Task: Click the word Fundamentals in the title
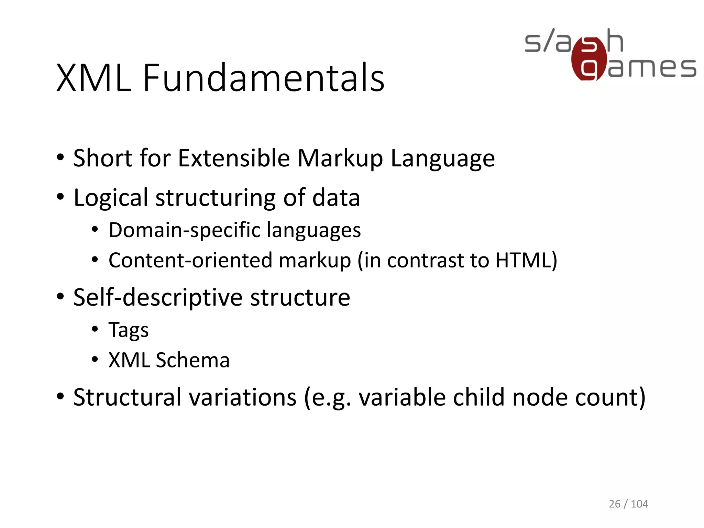[x=263, y=78]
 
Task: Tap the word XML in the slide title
[x=94, y=78]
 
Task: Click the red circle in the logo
[x=588, y=58]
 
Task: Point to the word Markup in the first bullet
[x=340, y=159]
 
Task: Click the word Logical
[x=111, y=198]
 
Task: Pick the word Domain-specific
[x=185, y=230]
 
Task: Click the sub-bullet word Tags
[x=129, y=330]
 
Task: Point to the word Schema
[x=192, y=360]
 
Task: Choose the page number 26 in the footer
[x=614, y=504]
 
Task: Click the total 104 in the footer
[x=639, y=504]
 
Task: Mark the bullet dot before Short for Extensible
[x=60, y=158]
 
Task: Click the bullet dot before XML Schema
[x=95, y=360]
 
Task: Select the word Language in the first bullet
[x=443, y=159]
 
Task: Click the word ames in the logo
[x=652, y=67]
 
